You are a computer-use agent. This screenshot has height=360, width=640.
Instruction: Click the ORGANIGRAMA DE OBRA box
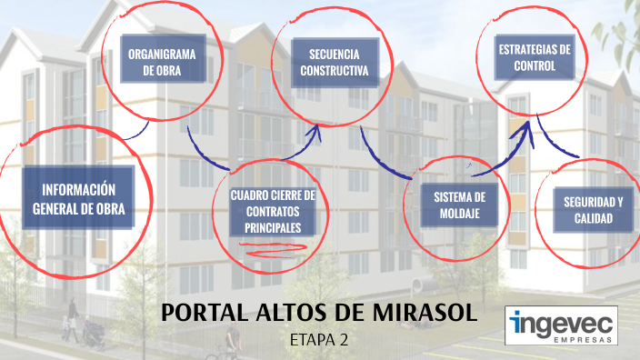click(163, 60)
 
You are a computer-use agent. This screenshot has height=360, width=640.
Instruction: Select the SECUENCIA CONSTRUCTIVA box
click(332, 61)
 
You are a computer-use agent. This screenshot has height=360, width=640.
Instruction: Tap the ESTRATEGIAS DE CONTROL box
click(535, 57)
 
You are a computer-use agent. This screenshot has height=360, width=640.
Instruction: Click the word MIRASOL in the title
click(425, 314)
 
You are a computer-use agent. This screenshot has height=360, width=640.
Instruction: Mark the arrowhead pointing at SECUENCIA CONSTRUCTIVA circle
click(315, 130)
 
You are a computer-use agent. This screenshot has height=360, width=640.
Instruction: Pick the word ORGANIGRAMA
click(163, 52)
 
